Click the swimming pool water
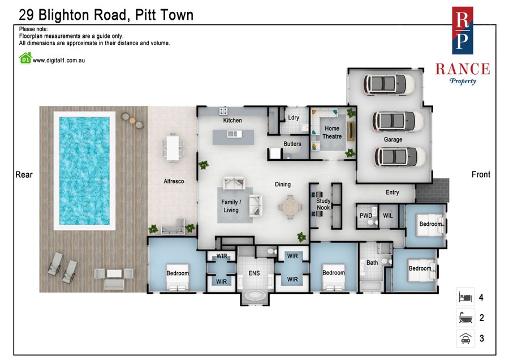pyautogui.click(x=84, y=171)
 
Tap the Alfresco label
pyautogui.click(x=174, y=181)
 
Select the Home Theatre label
pyautogui.click(x=332, y=132)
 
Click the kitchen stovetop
pyautogui.click(x=223, y=111)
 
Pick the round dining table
pyautogui.click(x=290, y=207)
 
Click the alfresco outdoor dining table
pyautogui.click(x=172, y=148)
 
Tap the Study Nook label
pyautogui.click(x=323, y=204)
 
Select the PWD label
pyautogui.click(x=366, y=216)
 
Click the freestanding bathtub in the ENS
pyautogui.click(x=255, y=296)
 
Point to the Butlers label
pyautogui.click(x=292, y=144)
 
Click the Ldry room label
pyautogui.click(x=294, y=118)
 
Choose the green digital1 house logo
pyautogui.click(x=25, y=58)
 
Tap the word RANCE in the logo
pyautogui.click(x=463, y=69)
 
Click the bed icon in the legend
pyautogui.click(x=465, y=297)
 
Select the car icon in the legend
pyautogui.click(x=466, y=338)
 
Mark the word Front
pyautogui.click(x=481, y=174)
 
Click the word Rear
pyautogui.click(x=24, y=175)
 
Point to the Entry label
pyautogui.click(x=392, y=192)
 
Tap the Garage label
pyautogui.click(x=393, y=139)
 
